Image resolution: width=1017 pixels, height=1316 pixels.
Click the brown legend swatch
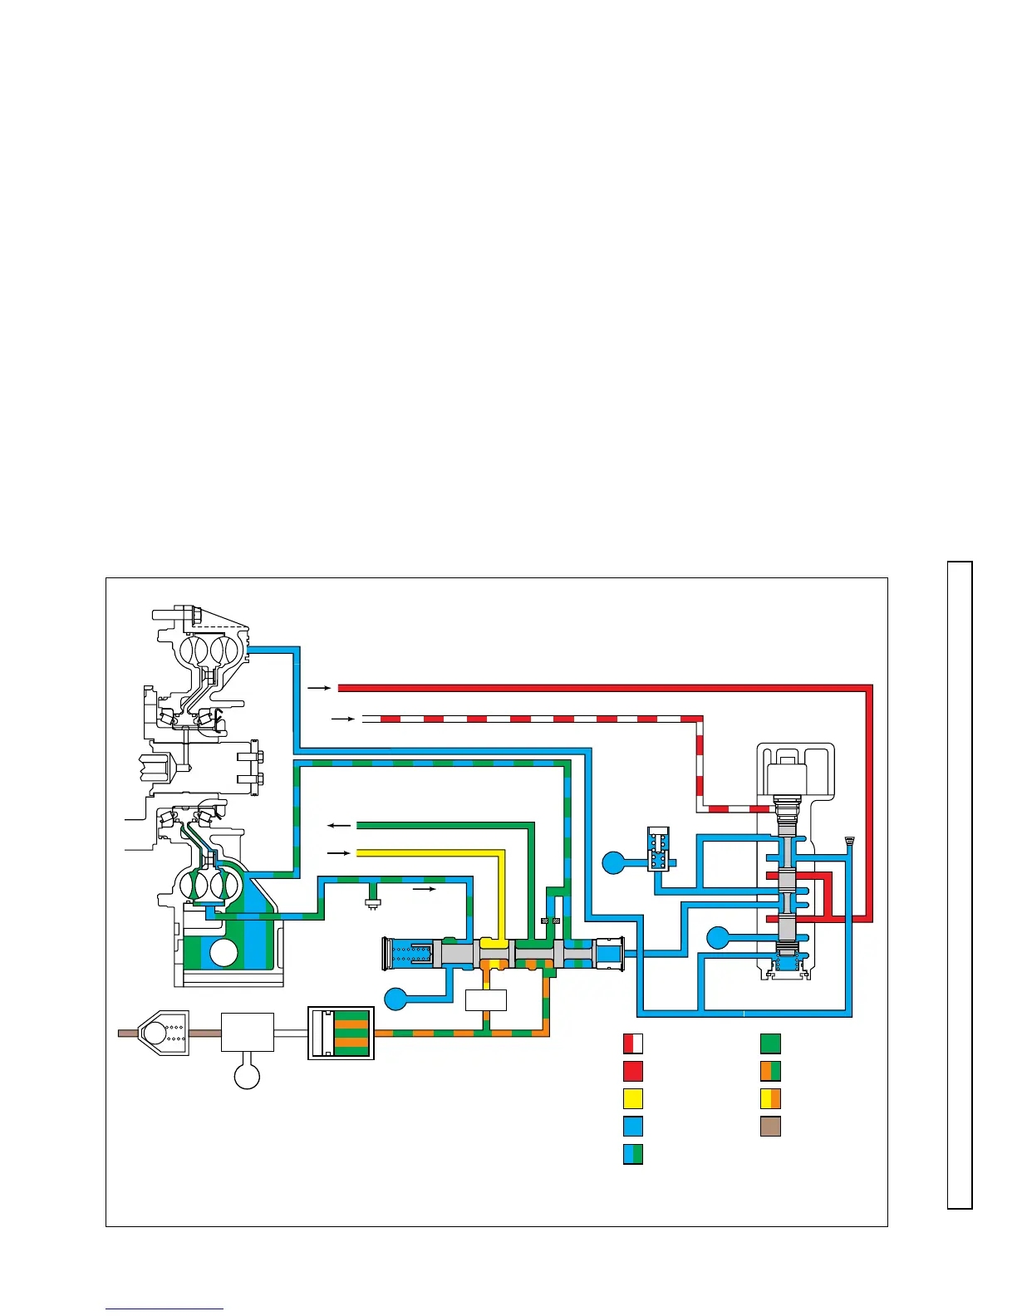(770, 1127)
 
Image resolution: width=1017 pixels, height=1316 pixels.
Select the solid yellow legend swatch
(633, 1098)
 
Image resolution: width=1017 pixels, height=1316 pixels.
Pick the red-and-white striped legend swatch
(633, 1043)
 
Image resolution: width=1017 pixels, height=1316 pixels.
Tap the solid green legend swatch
(770, 1043)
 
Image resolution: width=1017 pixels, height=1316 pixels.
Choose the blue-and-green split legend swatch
(633, 1154)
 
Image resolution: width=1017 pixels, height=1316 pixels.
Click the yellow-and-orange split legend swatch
(770, 1098)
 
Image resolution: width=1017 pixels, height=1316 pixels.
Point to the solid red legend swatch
(633, 1071)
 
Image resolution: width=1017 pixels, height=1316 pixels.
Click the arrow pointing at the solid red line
(319, 688)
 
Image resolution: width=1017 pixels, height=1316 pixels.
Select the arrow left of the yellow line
(339, 853)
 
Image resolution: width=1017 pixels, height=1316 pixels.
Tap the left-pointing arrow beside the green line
(339, 825)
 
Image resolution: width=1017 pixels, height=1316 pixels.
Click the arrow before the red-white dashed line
(342, 718)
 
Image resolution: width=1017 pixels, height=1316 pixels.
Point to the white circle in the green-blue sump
(224, 953)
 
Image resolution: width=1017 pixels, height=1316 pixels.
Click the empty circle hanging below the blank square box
(247, 1076)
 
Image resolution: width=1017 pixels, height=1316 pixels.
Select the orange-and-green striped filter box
(341, 1033)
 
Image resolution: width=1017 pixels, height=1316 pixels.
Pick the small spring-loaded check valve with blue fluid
(658, 849)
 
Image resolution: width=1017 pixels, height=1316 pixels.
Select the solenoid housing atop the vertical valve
(795, 778)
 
